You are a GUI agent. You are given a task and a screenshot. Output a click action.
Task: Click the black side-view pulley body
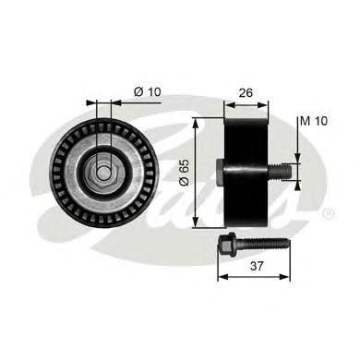click(x=246, y=169)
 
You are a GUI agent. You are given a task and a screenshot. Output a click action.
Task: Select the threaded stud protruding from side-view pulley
click(x=279, y=169)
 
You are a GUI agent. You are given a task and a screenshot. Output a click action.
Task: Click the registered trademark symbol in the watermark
click(x=329, y=214)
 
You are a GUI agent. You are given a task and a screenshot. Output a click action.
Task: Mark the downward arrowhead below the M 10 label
click(x=297, y=155)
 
